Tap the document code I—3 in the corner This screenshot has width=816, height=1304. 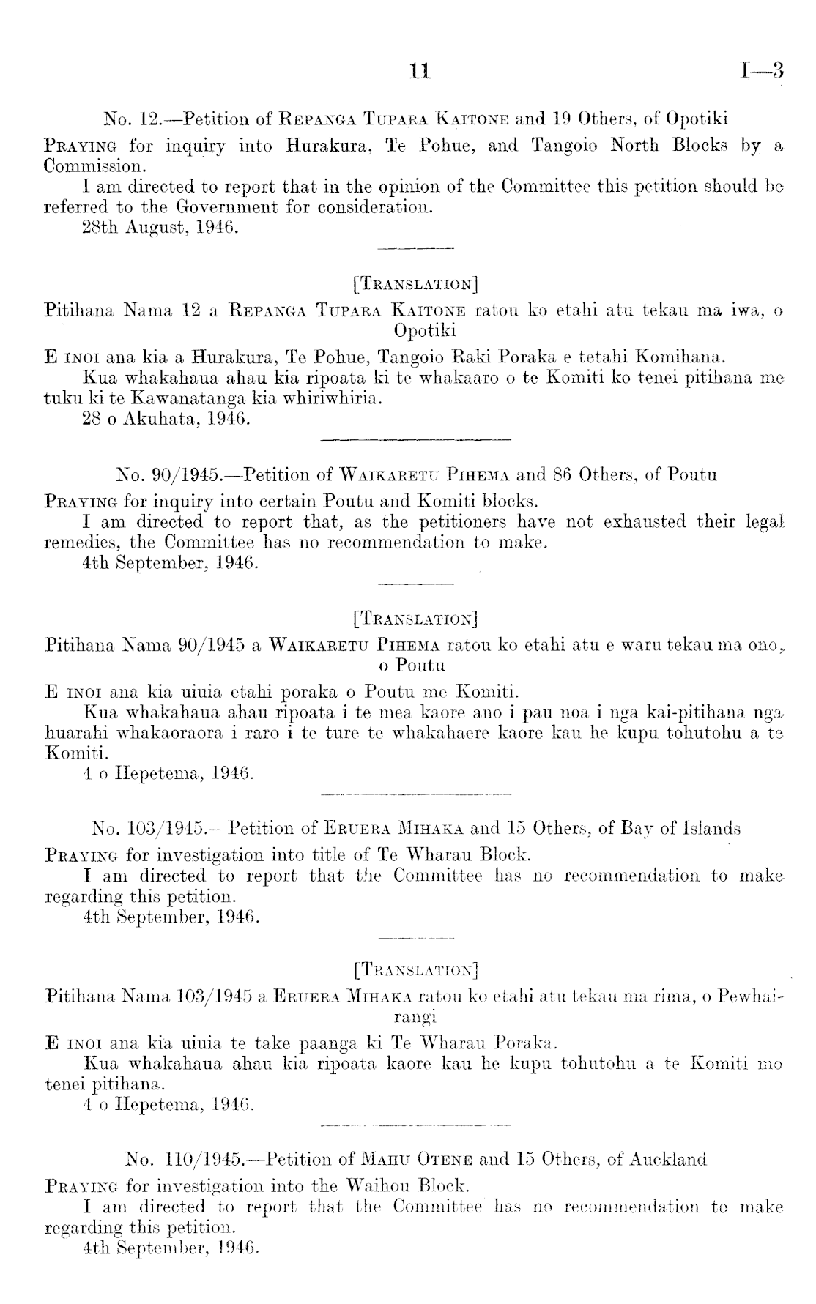762,70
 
